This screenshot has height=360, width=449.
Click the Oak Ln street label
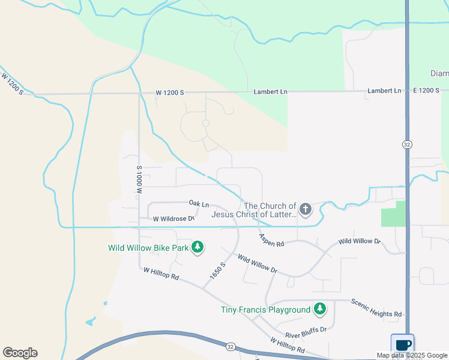(x=199, y=205)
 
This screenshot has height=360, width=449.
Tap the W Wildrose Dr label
(x=173, y=219)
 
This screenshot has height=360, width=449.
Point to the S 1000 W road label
(x=139, y=179)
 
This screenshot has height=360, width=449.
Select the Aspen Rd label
(x=271, y=241)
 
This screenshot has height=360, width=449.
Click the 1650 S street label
(x=217, y=272)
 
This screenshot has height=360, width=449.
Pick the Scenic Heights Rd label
(x=376, y=308)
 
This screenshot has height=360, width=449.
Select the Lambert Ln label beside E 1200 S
(x=385, y=91)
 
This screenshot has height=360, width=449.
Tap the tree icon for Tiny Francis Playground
(x=321, y=310)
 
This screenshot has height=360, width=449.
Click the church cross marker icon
(x=306, y=209)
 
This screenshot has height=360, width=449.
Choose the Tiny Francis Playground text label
(x=266, y=310)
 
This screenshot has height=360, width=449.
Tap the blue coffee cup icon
(x=403, y=344)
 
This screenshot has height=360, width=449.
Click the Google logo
(x=20, y=353)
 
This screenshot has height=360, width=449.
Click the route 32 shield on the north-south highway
(x=406, y=145)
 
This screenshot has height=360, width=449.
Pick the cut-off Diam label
(x=439, y=73)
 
